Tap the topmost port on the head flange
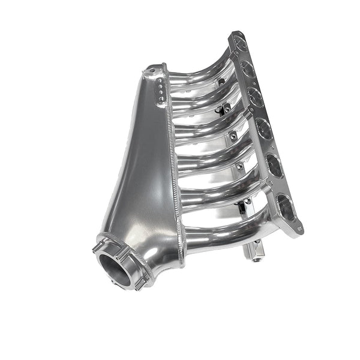[239, 44]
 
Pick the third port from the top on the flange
[256, 97]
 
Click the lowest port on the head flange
[286, 208]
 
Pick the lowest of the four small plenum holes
[160, 100]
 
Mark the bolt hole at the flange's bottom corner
[298, 229]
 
